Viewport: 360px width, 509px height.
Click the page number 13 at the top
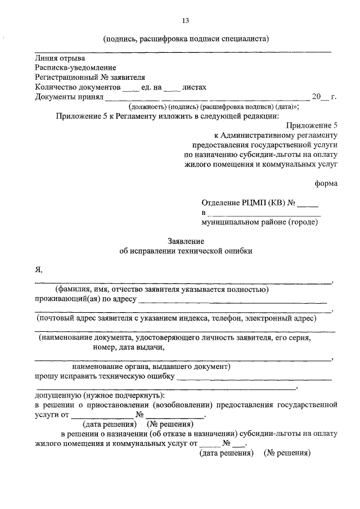185,21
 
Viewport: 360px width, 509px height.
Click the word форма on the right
326,183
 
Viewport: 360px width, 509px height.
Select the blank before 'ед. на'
130,89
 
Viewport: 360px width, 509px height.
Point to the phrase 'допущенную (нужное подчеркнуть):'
95,395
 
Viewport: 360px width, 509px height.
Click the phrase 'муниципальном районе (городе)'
259,222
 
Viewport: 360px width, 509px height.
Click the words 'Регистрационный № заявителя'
90,77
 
